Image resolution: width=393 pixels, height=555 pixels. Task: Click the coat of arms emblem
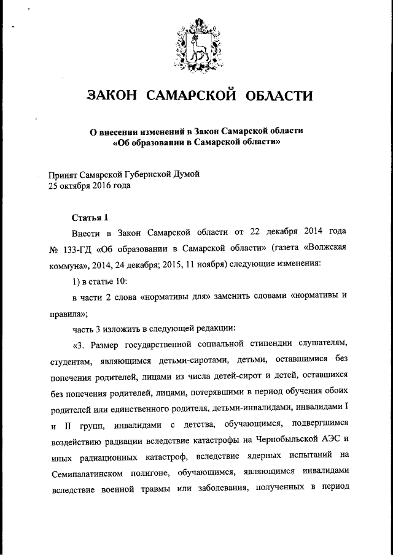tap(197, 45)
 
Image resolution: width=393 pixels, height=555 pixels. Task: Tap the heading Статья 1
tap(90, 217)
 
